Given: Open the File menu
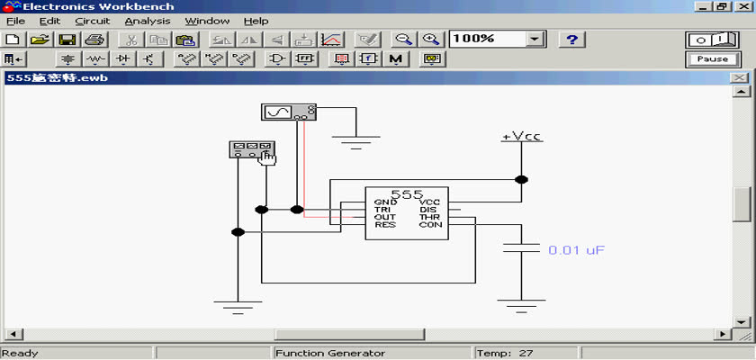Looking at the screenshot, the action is click(15, 22).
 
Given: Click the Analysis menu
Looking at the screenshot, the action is click(147, 22).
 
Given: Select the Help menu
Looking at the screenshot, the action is click(256, 22).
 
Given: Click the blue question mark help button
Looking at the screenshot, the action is click(571, 40).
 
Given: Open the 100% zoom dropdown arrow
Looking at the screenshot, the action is click(535, 40).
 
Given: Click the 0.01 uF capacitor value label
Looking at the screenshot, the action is click(576, 250).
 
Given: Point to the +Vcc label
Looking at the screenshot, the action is click(522, 137).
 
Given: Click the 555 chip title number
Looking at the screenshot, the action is click(407, 194).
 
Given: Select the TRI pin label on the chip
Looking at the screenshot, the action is click(382, 210).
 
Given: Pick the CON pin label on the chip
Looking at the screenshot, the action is click(430, 225).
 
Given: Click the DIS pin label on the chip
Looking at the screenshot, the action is click(427, 210).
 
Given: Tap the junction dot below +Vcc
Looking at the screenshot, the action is click(521, 180).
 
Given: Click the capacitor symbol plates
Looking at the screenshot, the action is click(521, 247).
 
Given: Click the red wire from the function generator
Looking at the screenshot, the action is click(304, 168).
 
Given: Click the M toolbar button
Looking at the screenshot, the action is click(396, 59).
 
